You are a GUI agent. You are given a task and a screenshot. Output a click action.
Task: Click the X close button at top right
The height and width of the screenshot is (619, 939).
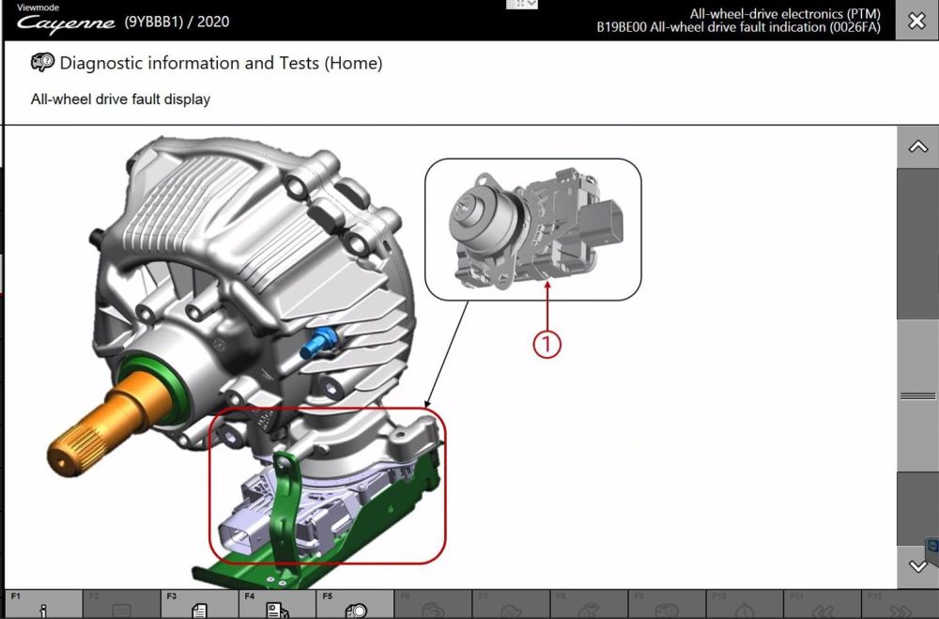click(916, 21)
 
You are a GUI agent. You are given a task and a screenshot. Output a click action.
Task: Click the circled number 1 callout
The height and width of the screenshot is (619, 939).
click(546, 344)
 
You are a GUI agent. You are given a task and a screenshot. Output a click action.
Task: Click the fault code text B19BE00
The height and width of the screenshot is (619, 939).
click(625, 27)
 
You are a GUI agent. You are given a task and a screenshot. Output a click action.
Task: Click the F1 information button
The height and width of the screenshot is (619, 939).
click(42, 605)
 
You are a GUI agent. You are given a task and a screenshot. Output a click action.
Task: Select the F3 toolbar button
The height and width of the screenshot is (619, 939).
click(198, 605)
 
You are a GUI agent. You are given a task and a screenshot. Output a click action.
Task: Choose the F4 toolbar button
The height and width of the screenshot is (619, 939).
click(277, 605)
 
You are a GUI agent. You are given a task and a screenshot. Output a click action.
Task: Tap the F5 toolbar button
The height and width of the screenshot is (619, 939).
click(355, 605)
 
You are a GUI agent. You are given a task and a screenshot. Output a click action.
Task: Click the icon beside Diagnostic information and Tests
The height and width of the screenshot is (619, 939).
click(42, 64)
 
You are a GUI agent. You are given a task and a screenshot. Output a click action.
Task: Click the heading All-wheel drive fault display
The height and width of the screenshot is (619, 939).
click(120, 99)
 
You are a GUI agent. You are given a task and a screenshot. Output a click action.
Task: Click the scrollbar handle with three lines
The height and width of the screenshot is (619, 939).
click(917, 395)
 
